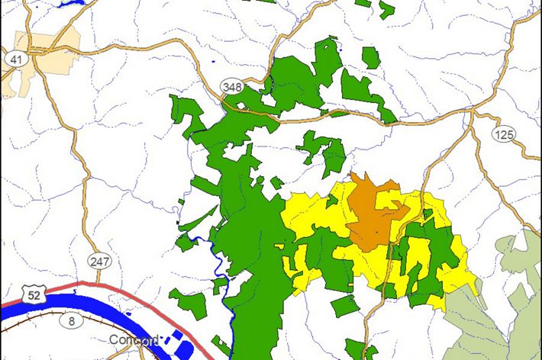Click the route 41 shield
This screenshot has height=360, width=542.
[x=15, y=58]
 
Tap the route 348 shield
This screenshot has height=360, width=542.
[x=232, y=86]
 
